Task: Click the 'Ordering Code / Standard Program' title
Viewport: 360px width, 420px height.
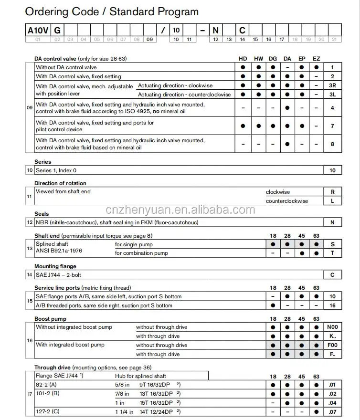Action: [112, 11]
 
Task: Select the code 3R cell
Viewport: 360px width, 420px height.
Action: [333, 85]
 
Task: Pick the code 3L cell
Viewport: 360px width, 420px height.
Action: [333, 94]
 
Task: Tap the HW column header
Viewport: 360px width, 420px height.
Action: [258, 59]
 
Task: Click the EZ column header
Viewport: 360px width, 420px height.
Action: [316, 59]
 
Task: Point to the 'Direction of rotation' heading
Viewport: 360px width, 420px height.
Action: [60, 183]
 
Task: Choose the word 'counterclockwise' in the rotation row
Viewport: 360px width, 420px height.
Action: [287, 201]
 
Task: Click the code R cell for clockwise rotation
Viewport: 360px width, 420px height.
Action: [333, 192]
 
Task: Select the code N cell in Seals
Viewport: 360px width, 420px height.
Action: [333, 222]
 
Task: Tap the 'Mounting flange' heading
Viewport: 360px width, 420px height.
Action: [55, 266]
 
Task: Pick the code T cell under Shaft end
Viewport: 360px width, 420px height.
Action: [333, 253]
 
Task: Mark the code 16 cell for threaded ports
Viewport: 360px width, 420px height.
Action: [333, 305]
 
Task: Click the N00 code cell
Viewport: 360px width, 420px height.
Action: [333, 327]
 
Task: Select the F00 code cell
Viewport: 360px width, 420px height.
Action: [333, 345]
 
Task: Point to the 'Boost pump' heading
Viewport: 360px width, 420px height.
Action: [50, 319]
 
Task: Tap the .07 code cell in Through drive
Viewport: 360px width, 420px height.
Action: [333, 411]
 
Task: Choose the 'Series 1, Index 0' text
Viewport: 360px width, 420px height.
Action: [56, 170]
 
